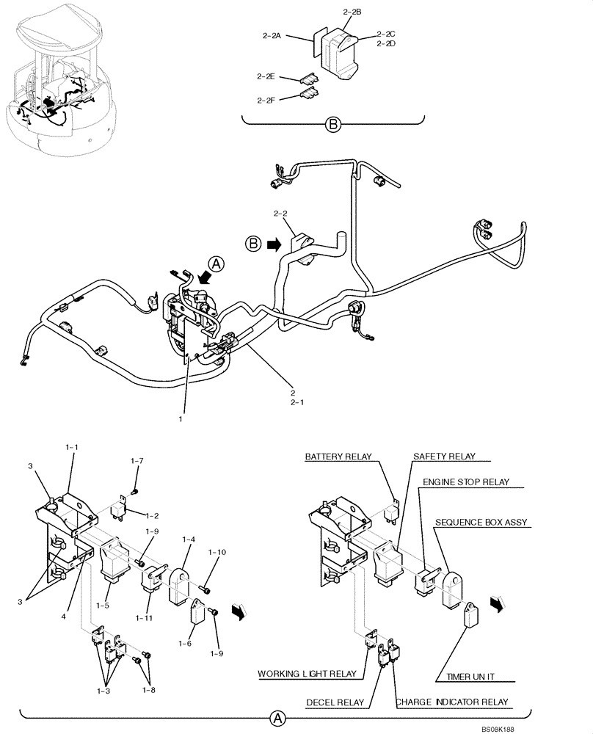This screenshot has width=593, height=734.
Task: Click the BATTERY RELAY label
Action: pyautogui.click(x=339, y=457)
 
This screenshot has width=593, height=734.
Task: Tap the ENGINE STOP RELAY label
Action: pyautogui.click(x=465, y=484)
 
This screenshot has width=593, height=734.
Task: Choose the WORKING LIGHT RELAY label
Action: pyautogui.click(x=307, y=674)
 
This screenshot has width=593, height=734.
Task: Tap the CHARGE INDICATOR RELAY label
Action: pyautogui.click(x=452, y=702)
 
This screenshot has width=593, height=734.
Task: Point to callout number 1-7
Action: pyautogui.click(x=137, y=461)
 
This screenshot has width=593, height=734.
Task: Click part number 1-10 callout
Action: pyautogui.click(x=218, y=551)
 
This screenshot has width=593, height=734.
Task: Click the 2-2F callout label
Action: pyautogui.click(x=266, y=100)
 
